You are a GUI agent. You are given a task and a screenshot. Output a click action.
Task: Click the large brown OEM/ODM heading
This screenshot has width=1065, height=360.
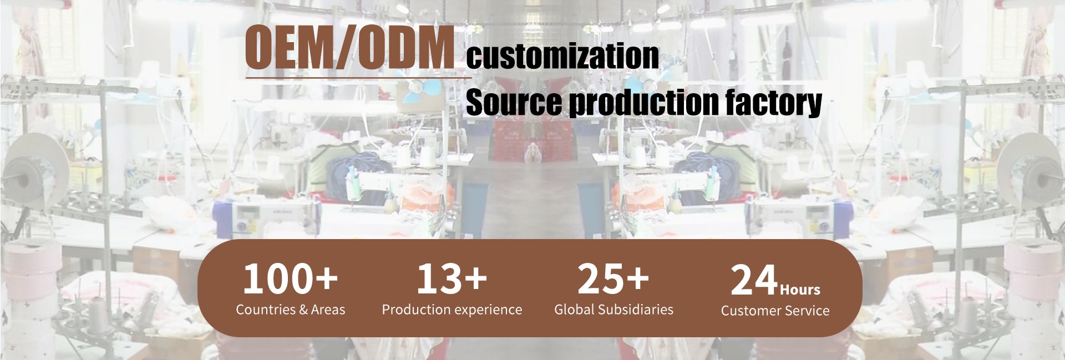pos(349,48)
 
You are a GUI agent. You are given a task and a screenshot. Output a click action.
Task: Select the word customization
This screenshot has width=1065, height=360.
pos(562,55)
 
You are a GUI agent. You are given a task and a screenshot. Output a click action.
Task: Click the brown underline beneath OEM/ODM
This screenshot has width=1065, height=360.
pos(358,78)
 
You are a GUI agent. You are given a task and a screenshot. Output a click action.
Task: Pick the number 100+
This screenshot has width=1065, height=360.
pos(290,278)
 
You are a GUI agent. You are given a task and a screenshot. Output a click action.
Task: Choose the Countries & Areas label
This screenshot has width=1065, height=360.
pos(290,310)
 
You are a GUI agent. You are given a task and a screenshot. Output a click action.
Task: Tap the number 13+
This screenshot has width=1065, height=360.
pos(452,278)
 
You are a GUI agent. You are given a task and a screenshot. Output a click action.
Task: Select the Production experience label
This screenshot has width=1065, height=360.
pos(452,310)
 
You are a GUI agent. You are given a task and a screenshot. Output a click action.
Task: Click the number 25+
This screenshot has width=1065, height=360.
pos(613,278)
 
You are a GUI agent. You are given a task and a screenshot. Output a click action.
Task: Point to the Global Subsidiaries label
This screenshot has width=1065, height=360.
pos(613,310)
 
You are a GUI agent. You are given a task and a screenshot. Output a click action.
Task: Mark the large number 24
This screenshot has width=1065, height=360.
pos(754,280)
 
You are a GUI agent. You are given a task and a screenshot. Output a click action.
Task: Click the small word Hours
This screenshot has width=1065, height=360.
pos(800,290)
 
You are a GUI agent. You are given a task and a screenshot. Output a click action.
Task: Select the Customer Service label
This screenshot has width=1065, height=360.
pos(775,311)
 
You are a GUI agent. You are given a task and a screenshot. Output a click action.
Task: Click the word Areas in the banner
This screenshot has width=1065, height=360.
pos(328,310)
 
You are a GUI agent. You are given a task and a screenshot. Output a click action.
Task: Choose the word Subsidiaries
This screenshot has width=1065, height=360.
pos(636,310)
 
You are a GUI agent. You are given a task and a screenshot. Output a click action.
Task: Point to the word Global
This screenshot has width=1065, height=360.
pos(574,310)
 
